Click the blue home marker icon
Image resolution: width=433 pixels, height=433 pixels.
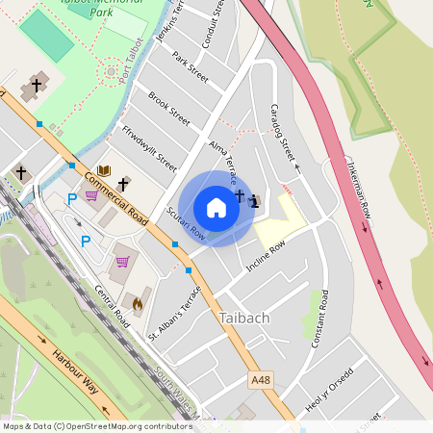[x=216, y=207]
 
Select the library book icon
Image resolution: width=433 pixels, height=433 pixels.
[x=104, y=170]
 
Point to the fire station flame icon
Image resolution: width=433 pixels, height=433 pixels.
[x=137, y=304]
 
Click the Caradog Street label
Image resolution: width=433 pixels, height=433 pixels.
[x=281, y=131]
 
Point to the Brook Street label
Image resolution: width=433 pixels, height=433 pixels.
[x=169, y=109]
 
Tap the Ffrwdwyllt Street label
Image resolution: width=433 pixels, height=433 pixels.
[x=149, y=143]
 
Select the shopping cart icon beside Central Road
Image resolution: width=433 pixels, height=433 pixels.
[x=122, y=262]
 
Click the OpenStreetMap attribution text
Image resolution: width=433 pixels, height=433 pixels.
[x=96, y=426]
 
